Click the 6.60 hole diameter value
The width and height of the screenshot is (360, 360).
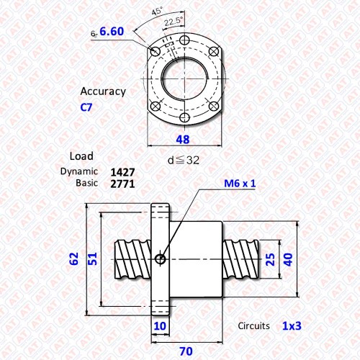click(x=112, y=32)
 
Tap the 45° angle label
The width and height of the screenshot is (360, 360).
click(x=157, y=11)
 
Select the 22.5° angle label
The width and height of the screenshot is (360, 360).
click(x=174, y=21)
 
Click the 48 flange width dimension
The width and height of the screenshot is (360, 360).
click(x=183, y=140)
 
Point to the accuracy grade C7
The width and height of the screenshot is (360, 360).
click(x=86, y=107)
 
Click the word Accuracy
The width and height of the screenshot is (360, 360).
click(x=103, y=91)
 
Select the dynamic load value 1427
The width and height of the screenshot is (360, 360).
click(x=122, y=172)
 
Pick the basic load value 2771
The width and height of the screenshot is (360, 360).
click(x=122, y=184)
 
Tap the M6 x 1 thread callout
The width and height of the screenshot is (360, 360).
click(x=240, y=184)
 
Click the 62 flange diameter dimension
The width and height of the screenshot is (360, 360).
click(x=74, y=258)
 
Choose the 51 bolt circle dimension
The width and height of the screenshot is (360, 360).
click(x=92, y=258)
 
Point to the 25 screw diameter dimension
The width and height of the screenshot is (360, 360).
click(x=271, y=259)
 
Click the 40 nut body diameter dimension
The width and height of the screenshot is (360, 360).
click(x=288, y=259)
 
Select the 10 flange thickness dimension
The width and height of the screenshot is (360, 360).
click(x=160, y=326)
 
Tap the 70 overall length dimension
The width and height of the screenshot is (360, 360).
click(x=186, y=351)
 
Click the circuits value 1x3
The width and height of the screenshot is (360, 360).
click(x=292, y=326)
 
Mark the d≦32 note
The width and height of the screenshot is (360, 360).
click(x=184, y=161)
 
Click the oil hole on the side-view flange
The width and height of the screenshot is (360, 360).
click(x=160, y=259)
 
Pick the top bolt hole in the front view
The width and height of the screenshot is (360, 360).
click(x=184, y=40)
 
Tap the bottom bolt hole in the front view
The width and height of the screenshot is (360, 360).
click(x=184, y=117)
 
